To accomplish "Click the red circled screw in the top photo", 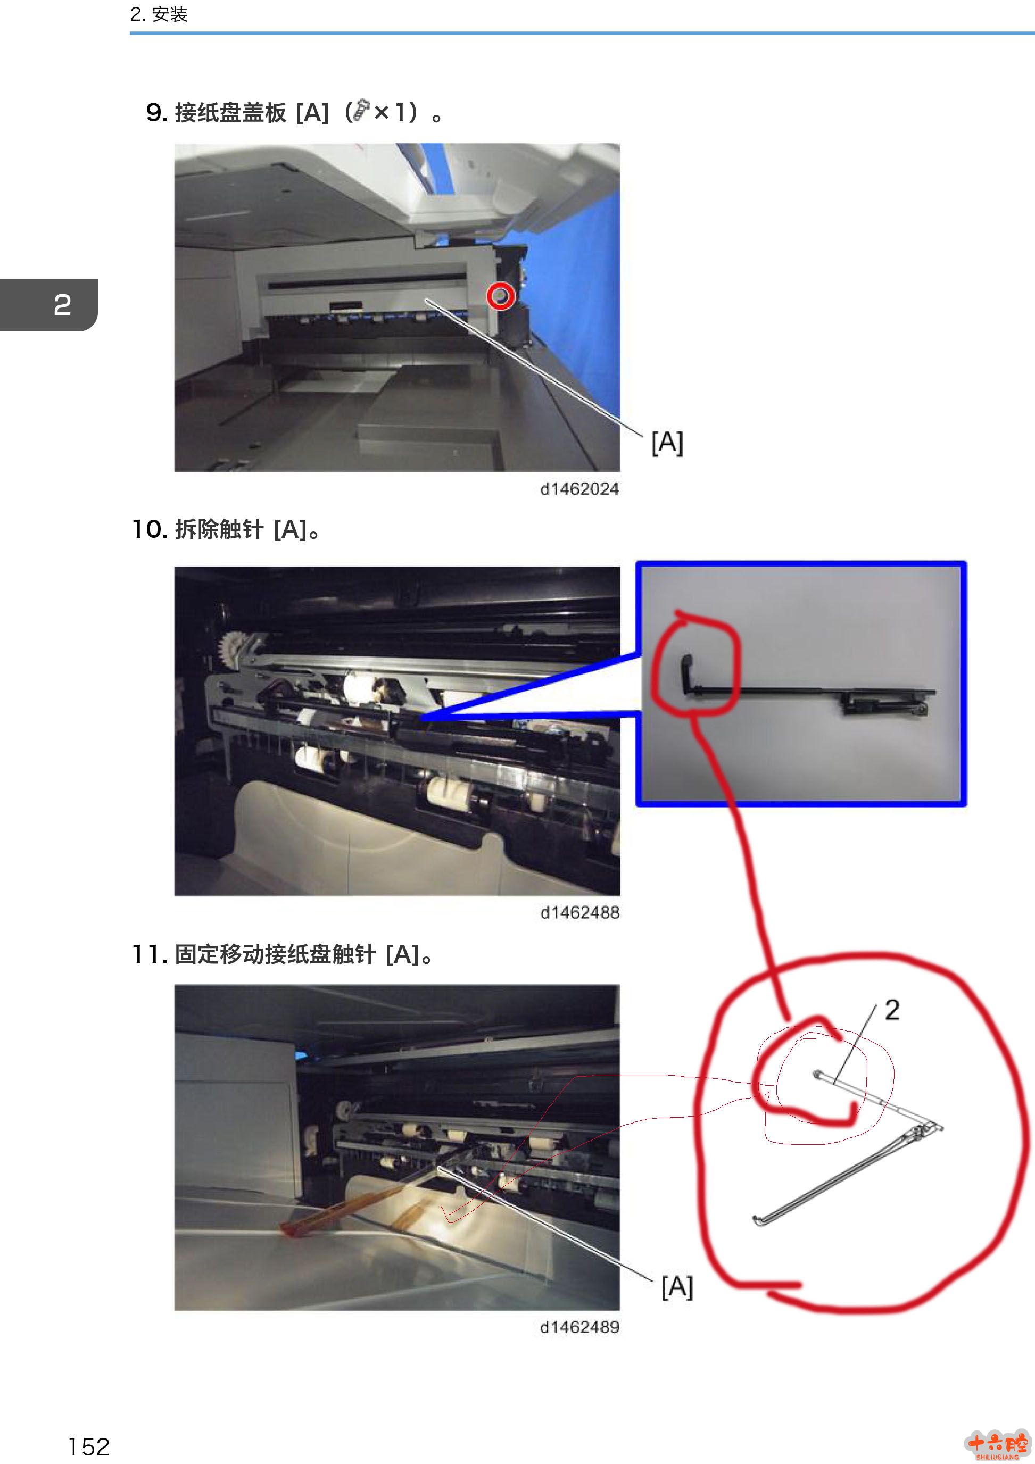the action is pos(501,296).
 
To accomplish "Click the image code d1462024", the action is pos(579,489).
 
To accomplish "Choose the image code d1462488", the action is pos(579,912).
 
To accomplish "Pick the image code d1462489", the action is pos(579,1327).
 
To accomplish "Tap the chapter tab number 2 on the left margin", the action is pos(62,305).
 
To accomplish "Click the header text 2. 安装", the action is pos(159,14).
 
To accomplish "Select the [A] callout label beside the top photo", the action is pos(667,443).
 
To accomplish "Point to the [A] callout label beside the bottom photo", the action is pos(677,1287).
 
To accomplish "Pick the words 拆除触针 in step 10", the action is pos(219,529).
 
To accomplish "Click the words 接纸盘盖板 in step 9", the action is pos(230,113).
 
